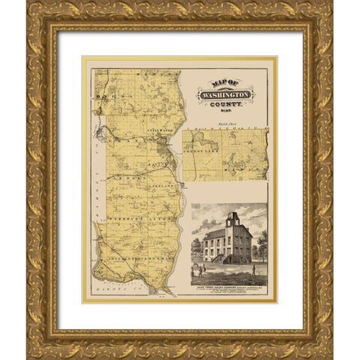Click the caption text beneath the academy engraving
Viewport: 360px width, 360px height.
229,282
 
